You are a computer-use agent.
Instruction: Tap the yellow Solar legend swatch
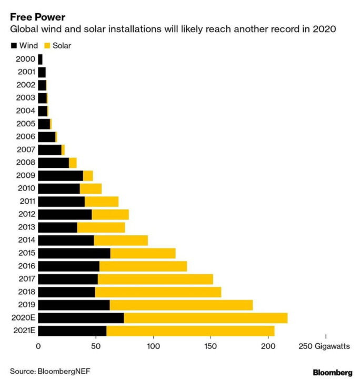(x=47, y=46)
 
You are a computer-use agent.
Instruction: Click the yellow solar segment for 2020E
(x=205, y=318)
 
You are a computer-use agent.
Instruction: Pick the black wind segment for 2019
(x=74, y=305)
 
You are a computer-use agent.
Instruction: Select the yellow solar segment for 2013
(x=101, y=227)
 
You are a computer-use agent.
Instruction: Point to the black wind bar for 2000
(x=40, y=59)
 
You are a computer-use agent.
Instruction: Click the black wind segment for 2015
(x=74, y=253)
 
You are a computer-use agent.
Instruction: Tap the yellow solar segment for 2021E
(x=190, y=331)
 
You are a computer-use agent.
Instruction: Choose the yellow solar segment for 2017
(x=155, y=279)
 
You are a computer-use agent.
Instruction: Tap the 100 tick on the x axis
(x=153, y=346)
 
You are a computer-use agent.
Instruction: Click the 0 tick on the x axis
(x=38, y=346)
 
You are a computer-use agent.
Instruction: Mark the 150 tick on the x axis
(x=211, y=346)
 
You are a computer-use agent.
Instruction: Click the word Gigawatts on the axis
(x=332, y=346)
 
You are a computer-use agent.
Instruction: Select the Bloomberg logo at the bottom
(x=332, y=373)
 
